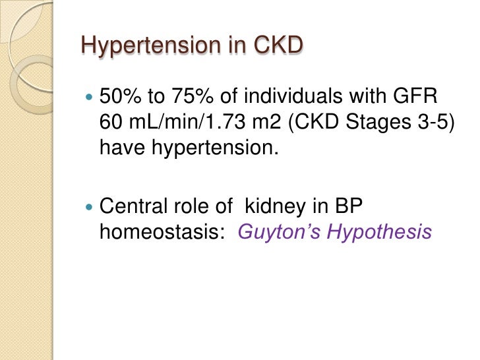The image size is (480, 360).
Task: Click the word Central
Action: (127, 208)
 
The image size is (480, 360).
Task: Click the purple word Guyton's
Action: (272, 233)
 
